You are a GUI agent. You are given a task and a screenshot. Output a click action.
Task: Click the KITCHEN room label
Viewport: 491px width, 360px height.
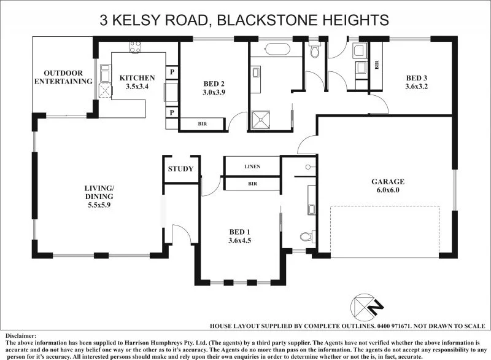137,77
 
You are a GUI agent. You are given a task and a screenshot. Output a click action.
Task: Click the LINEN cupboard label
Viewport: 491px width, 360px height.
252,166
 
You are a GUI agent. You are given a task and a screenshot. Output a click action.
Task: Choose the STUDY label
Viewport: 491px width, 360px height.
180,168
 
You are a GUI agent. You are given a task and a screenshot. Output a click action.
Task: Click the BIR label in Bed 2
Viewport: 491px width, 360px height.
202,123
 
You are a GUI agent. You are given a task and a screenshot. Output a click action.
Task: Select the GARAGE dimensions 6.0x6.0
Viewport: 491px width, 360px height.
388,190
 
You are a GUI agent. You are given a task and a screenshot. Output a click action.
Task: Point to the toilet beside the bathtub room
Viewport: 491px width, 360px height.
315,51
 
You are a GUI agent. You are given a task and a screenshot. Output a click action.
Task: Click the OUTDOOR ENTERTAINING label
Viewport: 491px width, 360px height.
63,77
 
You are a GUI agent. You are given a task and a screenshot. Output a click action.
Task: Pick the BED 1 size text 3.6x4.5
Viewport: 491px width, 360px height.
239,240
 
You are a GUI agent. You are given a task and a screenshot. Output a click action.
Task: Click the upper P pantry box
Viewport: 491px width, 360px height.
172,71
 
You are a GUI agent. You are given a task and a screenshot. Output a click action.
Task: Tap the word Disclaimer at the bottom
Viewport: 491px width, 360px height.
21,336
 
